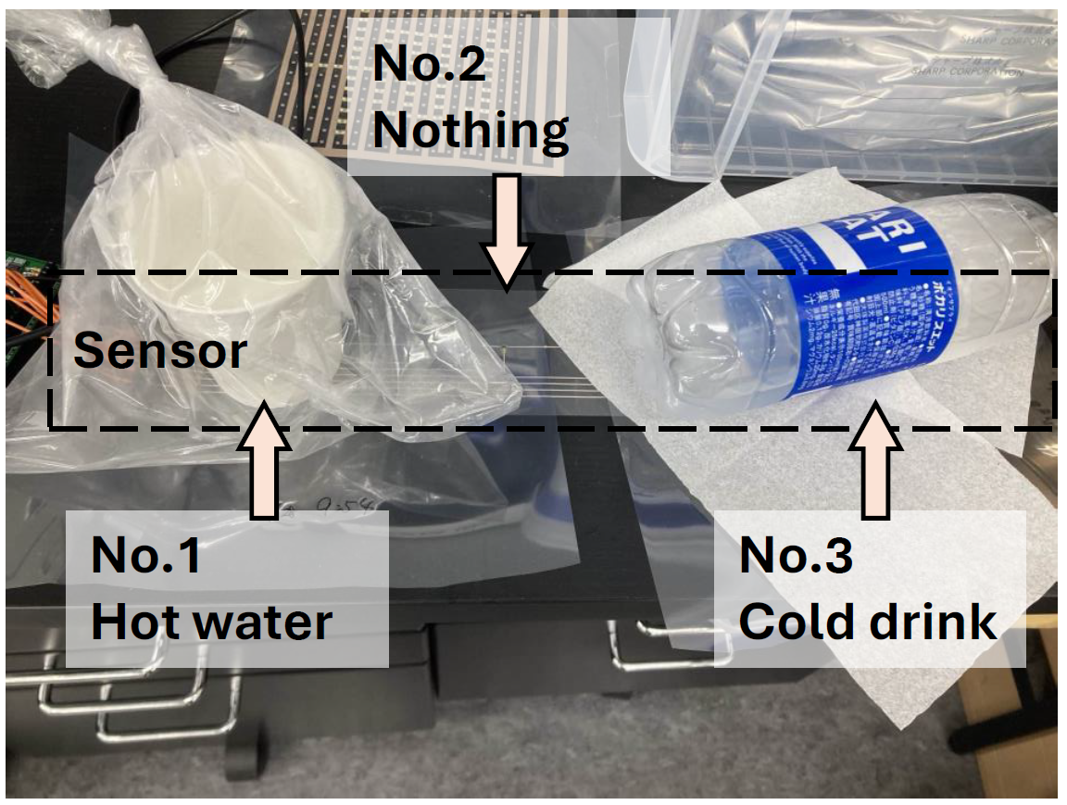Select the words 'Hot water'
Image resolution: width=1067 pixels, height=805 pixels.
coord(211,622)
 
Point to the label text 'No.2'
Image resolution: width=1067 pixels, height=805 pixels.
coord(429,65)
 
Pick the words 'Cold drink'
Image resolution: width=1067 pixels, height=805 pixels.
coord(868,622)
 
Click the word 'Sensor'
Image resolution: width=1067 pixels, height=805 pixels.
coord(160,351)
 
